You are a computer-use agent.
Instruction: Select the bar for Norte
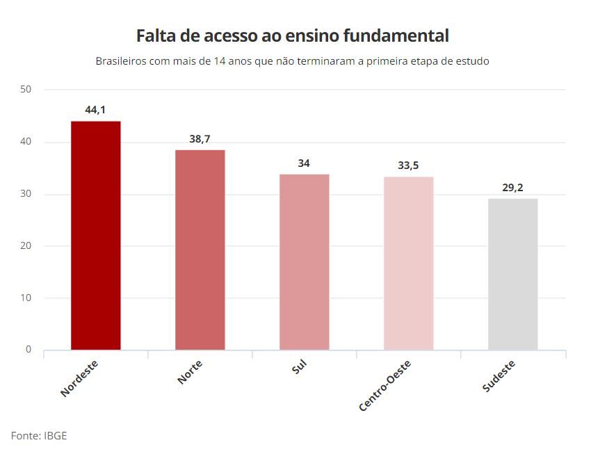200,250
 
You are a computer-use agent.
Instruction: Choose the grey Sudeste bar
512,274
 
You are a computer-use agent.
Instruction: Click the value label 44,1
96,109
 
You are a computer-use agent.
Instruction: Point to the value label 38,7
200,139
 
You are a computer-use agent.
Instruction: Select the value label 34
304,163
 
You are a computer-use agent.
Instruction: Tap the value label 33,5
408,165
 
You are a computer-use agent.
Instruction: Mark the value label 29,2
512,188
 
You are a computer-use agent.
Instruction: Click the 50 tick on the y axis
26,89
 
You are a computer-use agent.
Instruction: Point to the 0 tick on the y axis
29,350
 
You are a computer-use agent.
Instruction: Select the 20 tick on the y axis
26,245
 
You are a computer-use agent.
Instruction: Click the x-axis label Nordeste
79,378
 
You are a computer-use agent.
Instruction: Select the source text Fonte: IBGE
39,436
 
